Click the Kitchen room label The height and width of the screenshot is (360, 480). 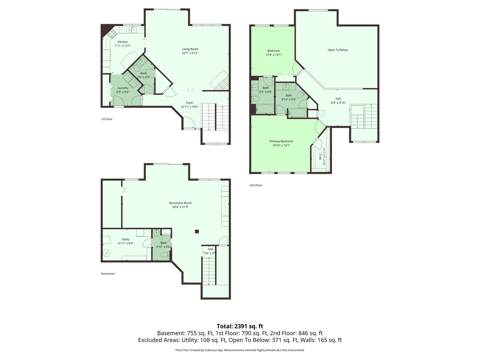coord(122,42)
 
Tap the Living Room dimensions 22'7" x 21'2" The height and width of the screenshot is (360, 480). coord(190,53)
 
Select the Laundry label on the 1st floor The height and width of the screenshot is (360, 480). coord(123,88)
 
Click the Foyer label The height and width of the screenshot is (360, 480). coord(189,103)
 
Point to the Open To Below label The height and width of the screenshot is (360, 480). coord(337,50)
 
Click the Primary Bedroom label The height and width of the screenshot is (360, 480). coord(281,141)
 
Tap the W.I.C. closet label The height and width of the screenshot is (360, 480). coord(320,156)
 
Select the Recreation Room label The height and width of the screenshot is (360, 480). coord(180,203)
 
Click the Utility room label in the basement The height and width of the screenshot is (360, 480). coord(125,239)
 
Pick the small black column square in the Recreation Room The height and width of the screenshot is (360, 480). coord(197,231)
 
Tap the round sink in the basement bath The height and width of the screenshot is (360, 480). coord(156,233)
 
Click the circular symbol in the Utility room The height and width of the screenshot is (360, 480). coord(106,254)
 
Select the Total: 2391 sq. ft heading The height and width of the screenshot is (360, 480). coord(240,326)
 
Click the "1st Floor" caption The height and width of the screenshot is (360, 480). coord(107,119)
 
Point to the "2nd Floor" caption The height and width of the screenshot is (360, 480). coord(256,185)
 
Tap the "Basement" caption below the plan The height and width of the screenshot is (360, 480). coord(108,274)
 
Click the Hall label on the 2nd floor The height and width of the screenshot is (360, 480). coord(338,99)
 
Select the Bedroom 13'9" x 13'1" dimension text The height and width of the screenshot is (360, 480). coord(273,55)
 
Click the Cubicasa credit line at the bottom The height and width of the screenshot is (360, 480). coord(240,350)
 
